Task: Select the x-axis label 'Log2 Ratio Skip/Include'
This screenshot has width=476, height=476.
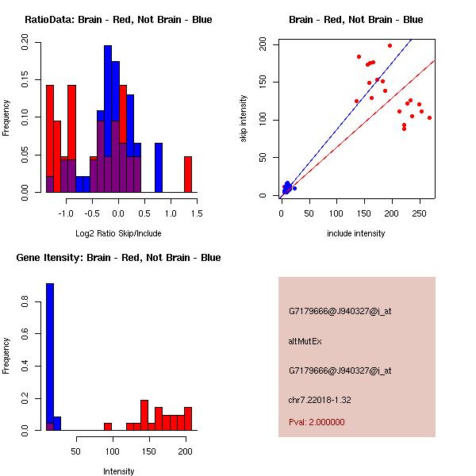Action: pos(118,233)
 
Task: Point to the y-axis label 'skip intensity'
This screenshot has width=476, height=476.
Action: pos(244,119)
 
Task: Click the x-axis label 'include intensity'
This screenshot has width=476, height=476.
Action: pos(355,233)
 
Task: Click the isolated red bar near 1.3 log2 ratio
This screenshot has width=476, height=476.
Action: pos(188,174)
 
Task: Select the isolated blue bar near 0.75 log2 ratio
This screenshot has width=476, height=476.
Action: pos(159,167)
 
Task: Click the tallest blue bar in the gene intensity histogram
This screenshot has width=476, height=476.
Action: pos(50,356)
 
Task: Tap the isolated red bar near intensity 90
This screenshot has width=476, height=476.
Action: pos(108,426)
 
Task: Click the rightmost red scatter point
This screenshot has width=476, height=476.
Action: pos(429,117)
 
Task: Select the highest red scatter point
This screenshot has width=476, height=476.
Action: pos(390,46)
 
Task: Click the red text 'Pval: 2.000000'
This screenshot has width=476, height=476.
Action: pos(317,422)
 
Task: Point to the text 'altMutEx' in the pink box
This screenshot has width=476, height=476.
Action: pos(305,341)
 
